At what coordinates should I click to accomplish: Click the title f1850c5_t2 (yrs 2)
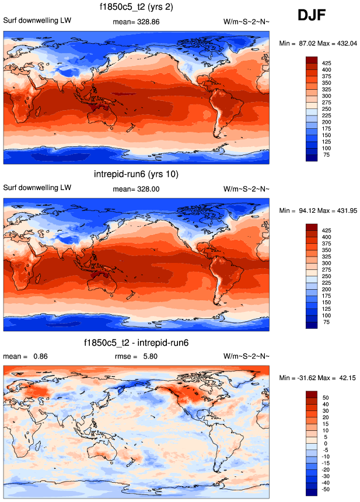click(x=136, y=7)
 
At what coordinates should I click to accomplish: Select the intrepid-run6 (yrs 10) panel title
click(x=136, y=174)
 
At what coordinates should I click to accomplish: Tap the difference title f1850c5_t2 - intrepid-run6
click(x=136, y=342)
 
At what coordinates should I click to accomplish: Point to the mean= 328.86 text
click(x=136, y=22)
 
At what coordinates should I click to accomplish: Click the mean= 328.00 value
click(x=136, y=189)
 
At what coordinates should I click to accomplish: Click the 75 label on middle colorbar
click(x=326, y=322)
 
